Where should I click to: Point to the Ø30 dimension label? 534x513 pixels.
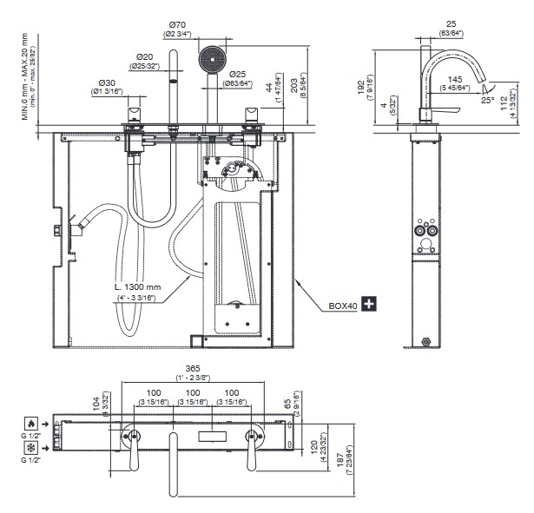click(108, 84)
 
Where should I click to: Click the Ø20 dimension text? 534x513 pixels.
click(145, 56)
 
